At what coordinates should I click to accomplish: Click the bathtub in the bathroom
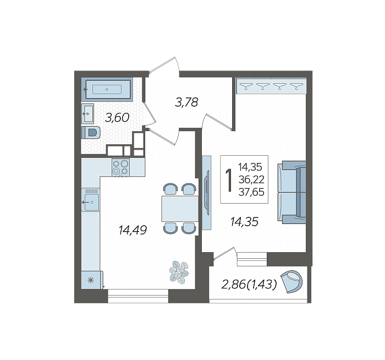(107, 89)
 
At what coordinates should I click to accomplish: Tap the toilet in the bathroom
(91, 133)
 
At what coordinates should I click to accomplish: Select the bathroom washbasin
(87, 113)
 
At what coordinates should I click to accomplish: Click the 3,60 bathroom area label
(117, 118)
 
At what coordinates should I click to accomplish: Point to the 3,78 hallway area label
(186, 102)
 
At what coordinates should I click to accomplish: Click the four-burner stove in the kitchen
(121, 167)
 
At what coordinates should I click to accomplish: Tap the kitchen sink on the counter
(91, 200)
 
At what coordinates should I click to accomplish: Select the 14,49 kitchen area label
(133, 230)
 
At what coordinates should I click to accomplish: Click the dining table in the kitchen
(180, 209)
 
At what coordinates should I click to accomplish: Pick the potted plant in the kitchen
(179, 272)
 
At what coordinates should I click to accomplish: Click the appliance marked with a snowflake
(91, 280)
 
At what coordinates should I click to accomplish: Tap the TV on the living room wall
(207, 193)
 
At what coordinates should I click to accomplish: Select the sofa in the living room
(292, 193)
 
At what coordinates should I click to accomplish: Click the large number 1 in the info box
(229, 180)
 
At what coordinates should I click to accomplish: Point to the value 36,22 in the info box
(251, 179)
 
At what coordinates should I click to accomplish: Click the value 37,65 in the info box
(251, 192)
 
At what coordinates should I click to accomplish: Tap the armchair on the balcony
(291, 282)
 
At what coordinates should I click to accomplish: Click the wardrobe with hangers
(271, 86)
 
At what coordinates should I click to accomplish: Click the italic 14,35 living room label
(244, 222)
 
